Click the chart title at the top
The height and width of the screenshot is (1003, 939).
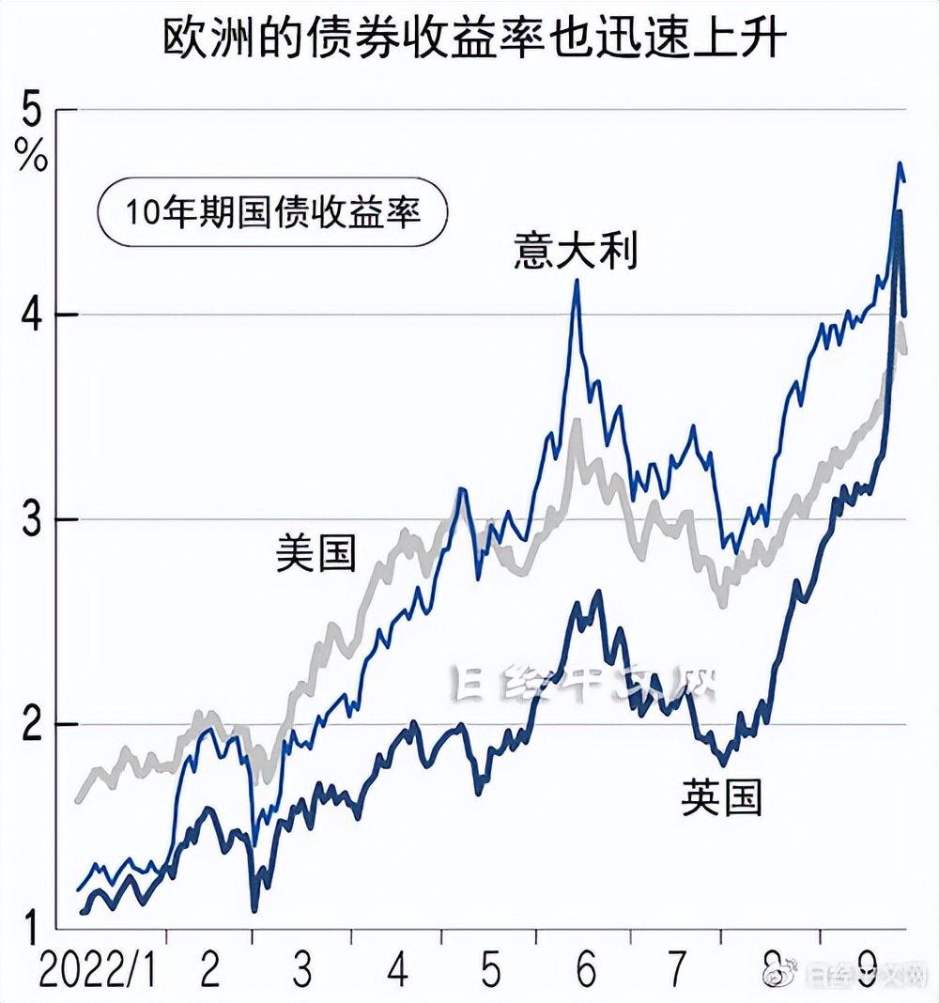tap(469, 39)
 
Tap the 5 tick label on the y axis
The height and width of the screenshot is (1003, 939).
tap(34, 114)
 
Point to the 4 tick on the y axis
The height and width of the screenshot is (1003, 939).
tap(33, 316)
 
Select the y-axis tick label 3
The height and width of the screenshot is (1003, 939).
tap(33, 520)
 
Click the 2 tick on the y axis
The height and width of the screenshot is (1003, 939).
tap(33, 725)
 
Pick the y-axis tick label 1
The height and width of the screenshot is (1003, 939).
tap(33, 929)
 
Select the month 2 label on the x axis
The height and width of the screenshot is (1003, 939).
tap(209, 973)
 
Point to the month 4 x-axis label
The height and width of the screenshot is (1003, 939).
tap(397, 973)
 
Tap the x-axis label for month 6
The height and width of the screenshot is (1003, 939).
tap(587, 973)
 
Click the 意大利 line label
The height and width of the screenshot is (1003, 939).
tap(576, 252)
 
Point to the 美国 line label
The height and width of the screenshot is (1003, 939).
tap(316, 552)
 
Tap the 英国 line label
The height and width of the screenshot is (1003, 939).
tap(721, 797)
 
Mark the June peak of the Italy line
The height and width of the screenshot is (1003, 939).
tap(577, 281)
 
